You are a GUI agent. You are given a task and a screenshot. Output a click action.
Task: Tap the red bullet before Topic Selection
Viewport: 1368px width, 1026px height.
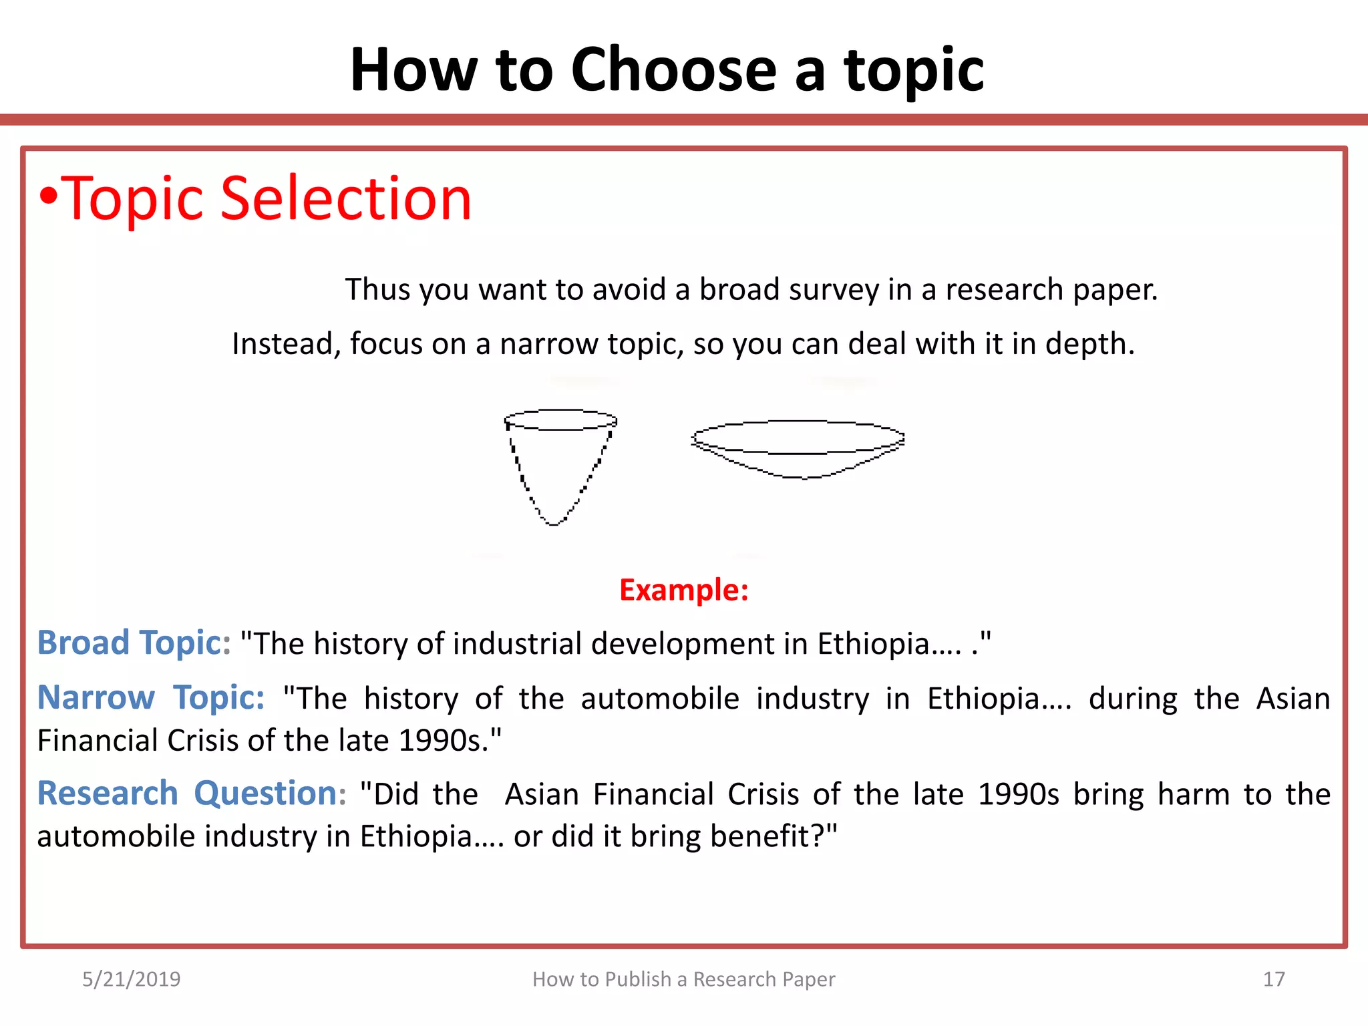coord(47,196)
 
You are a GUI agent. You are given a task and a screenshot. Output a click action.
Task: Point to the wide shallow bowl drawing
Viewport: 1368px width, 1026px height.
coord(798,448)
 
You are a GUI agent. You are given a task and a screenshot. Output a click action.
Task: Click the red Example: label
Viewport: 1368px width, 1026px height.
coord(683,590)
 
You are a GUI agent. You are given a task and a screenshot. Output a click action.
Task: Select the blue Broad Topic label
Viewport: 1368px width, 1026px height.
coord(133,643)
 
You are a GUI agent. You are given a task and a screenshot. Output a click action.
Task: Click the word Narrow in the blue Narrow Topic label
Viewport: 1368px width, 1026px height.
coord(96,698)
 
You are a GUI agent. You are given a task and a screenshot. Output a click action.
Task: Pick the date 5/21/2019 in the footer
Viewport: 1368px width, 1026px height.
coord(131,979)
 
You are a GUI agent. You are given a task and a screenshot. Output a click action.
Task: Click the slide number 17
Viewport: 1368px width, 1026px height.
coord(1274,979)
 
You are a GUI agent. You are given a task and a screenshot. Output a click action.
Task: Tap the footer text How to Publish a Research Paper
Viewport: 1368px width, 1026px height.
coord(683,979)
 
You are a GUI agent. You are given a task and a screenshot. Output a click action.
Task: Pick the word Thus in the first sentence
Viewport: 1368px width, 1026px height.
coord(377,290)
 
